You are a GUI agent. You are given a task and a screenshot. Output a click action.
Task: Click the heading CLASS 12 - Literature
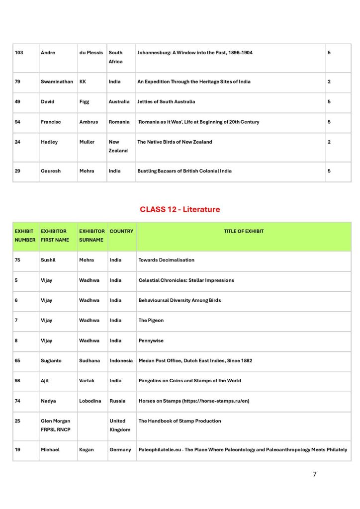point(180,209)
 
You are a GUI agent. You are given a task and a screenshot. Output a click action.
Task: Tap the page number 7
point(314,474)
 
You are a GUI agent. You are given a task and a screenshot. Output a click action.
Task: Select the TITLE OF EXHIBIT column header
point(244,231)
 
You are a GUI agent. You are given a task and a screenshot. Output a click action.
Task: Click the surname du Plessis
point(91,53)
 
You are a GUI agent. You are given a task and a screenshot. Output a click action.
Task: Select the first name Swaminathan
point(57,82)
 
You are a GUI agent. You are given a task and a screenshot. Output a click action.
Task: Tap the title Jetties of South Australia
point(166,101)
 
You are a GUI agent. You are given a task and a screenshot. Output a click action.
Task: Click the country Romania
point(119,122)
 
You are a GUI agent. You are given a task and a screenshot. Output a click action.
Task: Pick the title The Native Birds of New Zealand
point(175,142)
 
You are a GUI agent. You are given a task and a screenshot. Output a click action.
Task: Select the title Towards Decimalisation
point(166,260)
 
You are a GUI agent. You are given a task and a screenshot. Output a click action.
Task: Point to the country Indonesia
point(121,360)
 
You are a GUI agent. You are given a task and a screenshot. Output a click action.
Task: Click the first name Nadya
point(49,401)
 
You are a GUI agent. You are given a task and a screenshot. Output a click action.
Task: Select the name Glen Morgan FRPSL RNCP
point(55,425)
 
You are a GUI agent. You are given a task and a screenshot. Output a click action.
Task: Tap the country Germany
point(120,450)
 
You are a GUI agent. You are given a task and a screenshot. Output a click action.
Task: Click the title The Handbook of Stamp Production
point(180,421)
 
